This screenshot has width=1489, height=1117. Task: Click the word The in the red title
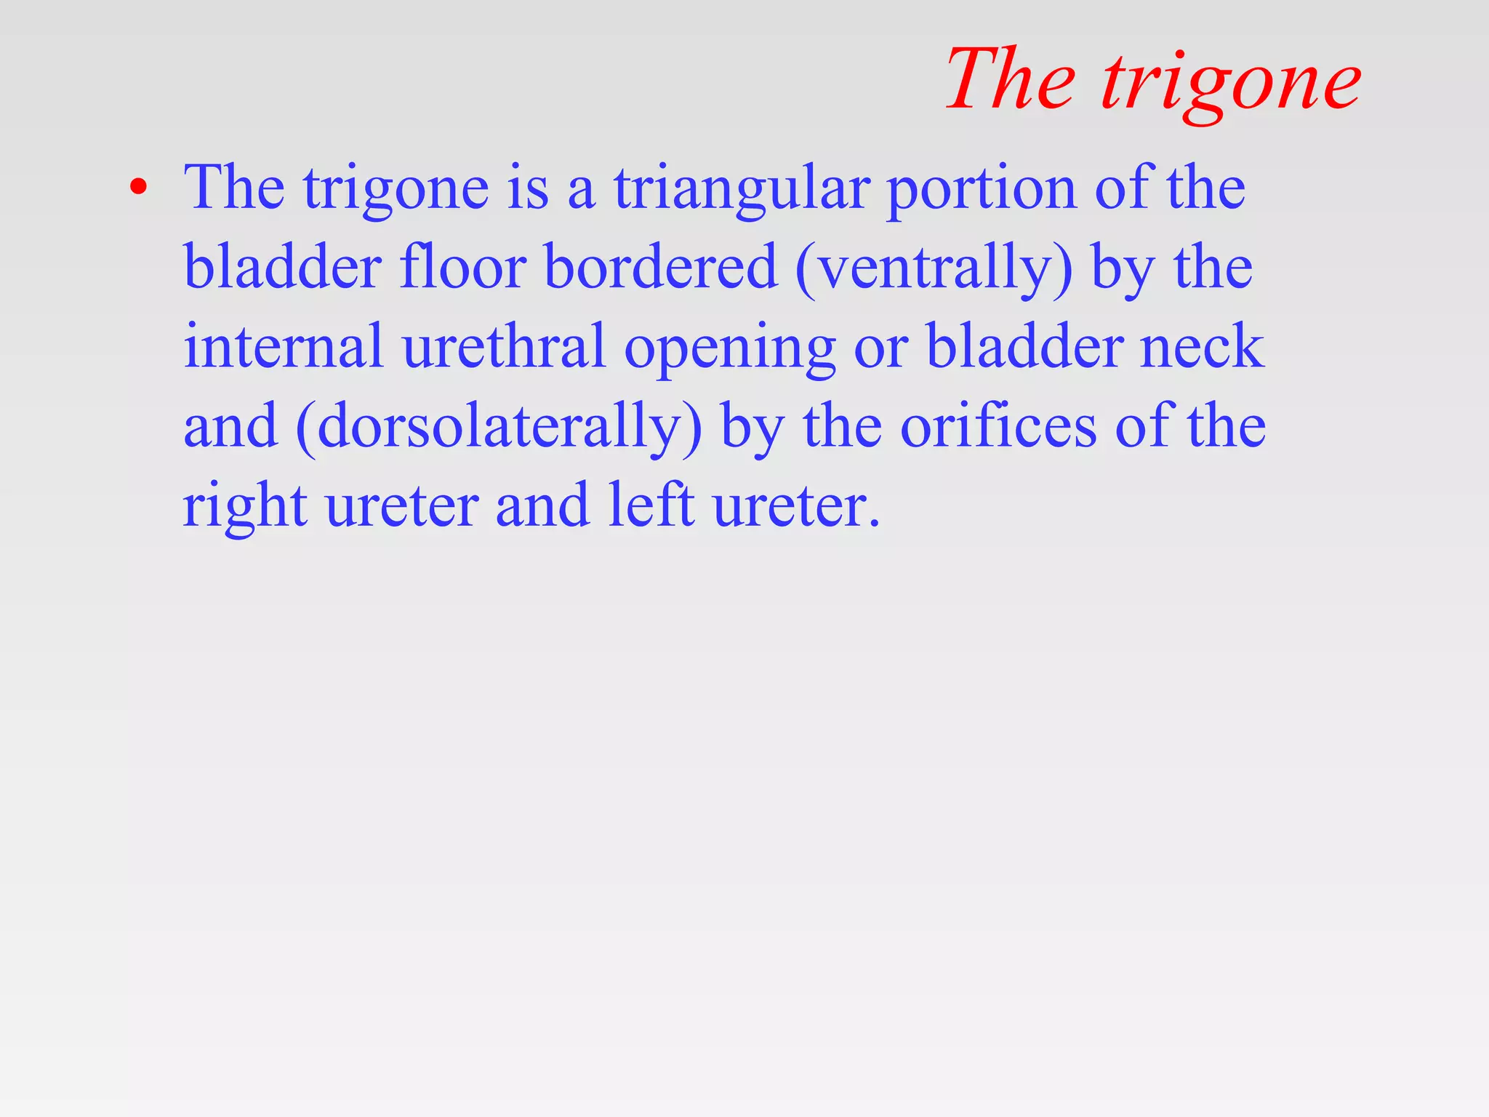click(x=1011, y=79)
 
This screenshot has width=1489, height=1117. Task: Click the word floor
click(x=462, y=268)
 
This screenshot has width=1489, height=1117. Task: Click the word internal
click(x=284, y=347)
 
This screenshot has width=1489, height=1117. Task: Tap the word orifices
click(x=998, y=426)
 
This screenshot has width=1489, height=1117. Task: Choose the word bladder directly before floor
click(x=283, y=268)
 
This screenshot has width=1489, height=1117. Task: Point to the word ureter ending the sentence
click(x=796, y=506)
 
